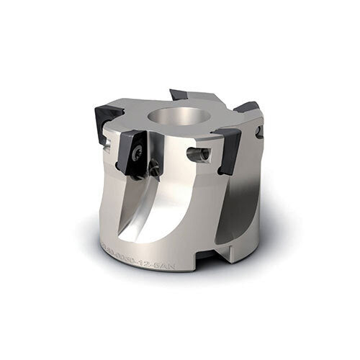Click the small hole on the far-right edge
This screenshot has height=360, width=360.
[x=260, y=133]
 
